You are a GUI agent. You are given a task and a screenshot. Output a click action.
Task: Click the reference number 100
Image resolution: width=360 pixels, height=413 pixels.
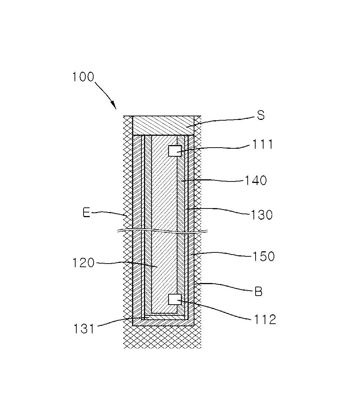tap(83, 77)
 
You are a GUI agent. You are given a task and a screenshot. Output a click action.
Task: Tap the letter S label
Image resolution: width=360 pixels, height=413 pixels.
tap(261, 115)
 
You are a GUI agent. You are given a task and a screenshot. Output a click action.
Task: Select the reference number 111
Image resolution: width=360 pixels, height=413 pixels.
tap(262, 144)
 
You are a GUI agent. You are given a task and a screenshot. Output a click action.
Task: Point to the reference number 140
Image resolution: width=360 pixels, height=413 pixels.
tap(256, 180)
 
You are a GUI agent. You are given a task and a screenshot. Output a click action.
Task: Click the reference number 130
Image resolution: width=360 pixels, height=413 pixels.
tap(261, 215)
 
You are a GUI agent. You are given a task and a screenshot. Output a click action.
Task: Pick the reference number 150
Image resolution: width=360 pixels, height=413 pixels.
tap(264, 256)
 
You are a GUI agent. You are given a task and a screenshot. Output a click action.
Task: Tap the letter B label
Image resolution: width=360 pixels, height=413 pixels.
tap(258, 292)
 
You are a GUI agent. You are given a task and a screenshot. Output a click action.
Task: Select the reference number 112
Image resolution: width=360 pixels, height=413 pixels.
tap(265, 319)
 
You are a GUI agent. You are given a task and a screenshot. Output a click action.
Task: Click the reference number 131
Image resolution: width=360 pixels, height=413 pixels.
tap(84, 329)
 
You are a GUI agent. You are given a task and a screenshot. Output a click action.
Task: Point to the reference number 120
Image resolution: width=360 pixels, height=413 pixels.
tap(83, 263)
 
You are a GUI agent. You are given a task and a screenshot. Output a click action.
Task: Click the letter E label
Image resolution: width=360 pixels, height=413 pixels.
tap(86, 212)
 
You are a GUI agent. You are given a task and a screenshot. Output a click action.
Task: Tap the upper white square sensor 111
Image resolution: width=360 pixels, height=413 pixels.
tap(175, 151)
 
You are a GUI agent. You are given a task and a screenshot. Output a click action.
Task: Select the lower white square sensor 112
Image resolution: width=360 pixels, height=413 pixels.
tap(175, 299)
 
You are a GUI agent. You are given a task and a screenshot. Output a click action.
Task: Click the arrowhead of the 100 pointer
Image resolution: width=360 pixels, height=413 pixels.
tap(114, 106)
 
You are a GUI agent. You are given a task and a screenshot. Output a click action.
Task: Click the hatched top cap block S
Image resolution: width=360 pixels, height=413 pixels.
tap(163, 125)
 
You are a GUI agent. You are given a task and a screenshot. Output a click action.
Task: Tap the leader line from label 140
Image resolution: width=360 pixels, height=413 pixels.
tap(213, 180)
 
